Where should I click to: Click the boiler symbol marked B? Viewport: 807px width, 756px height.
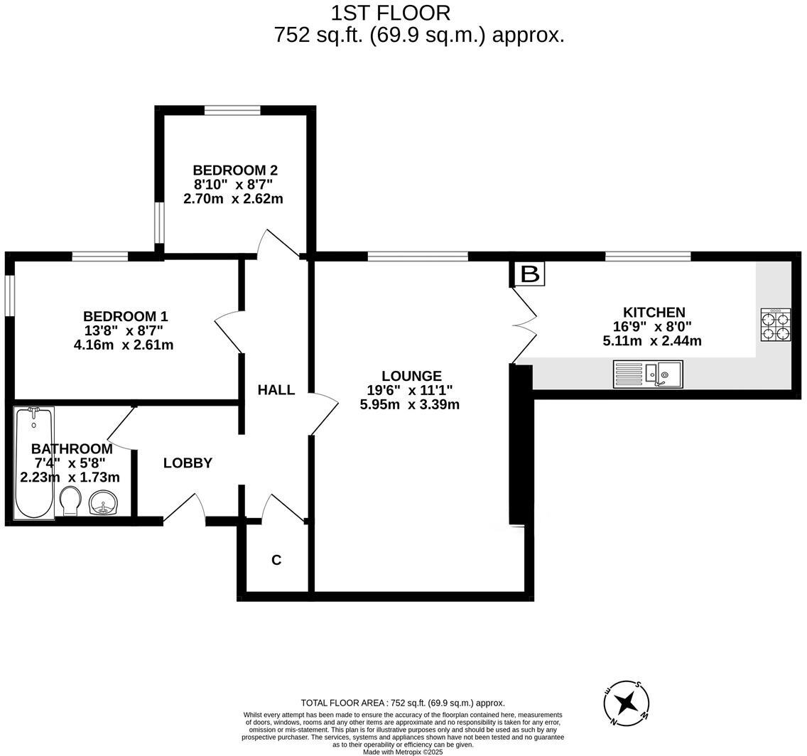tap(529, 274)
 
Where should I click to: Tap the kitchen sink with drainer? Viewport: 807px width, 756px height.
tap(647, 374)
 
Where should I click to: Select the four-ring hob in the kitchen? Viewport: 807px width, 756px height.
tap(775, 325)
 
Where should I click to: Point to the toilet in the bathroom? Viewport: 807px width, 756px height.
tap(70, 501)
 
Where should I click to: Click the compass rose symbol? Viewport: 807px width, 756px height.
tap(626, 703)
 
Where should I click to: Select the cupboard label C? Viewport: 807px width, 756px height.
tap(276, 560)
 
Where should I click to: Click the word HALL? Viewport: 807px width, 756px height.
tap(276, 389)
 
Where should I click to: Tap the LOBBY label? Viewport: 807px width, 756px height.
tap(188, 463)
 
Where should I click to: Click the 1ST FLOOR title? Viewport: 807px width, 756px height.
tap(390, 13)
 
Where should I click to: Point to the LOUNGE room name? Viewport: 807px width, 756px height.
tap(411, 376)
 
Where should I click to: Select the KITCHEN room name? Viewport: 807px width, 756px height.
tap(654, 312)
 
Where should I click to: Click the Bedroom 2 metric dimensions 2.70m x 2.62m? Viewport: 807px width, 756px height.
tap(233, 199)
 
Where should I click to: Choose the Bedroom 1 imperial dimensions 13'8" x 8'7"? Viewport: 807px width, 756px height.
tap(124, 330)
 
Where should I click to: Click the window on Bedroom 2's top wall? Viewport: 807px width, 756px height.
tap(232, 110)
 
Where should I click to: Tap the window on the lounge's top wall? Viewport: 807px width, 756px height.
tap(418, 256)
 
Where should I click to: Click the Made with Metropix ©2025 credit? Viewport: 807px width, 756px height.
tap(403, 752)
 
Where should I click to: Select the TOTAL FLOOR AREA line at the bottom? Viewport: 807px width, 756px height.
tap(403, 703)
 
